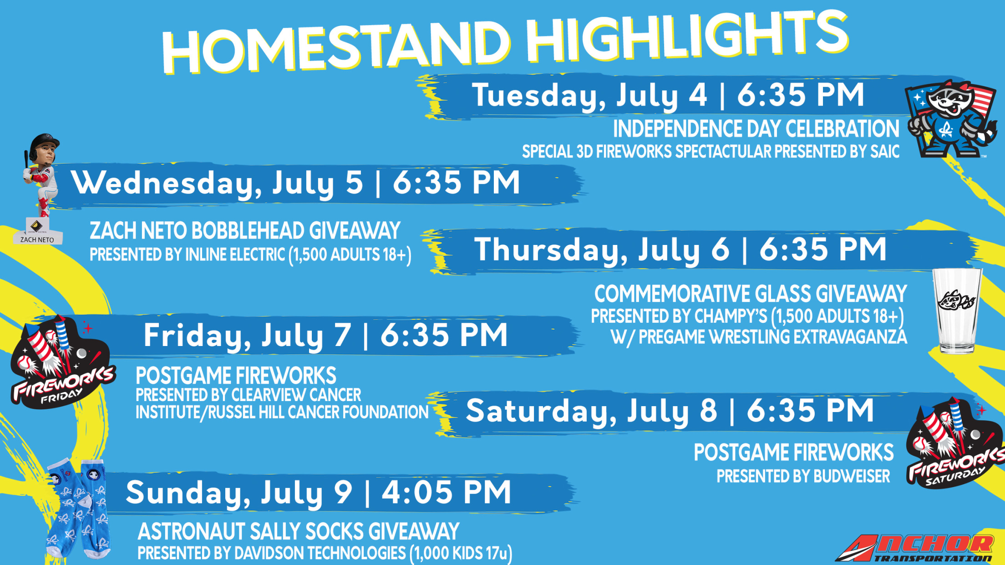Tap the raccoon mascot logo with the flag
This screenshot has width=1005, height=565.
[x=951, y=119]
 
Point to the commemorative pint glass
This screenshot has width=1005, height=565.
[x=957, y=311]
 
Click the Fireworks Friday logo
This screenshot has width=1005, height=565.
[x=61, y=362]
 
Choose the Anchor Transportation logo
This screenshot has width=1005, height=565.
[x=915, y=548]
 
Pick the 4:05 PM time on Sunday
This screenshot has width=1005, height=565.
[x=446, y=492]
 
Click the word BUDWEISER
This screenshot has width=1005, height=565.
[x=851, y=476]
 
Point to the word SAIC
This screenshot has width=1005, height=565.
[x=885, y=152]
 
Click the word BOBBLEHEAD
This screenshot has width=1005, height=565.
[x=248, y=230]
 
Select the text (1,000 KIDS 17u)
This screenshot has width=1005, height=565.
[x=461, y=553]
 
